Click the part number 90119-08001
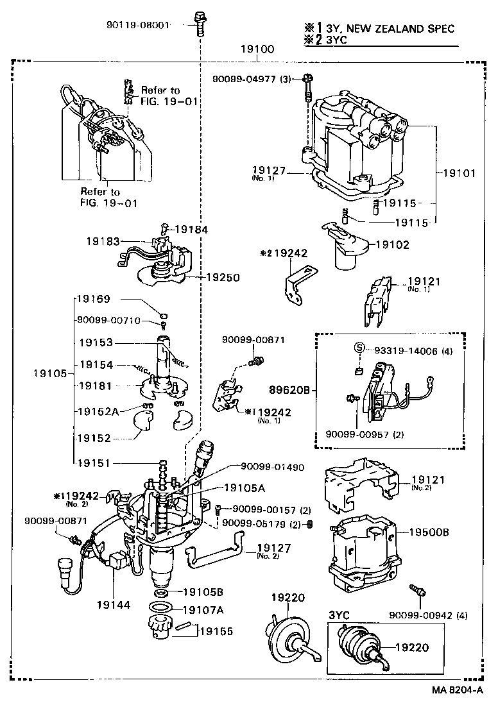point(138,26)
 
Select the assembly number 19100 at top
point(257,49)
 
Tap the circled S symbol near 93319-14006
point(360,348)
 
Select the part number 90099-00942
point(420,616)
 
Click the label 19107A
point(203,609)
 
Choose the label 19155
point(217,631)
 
